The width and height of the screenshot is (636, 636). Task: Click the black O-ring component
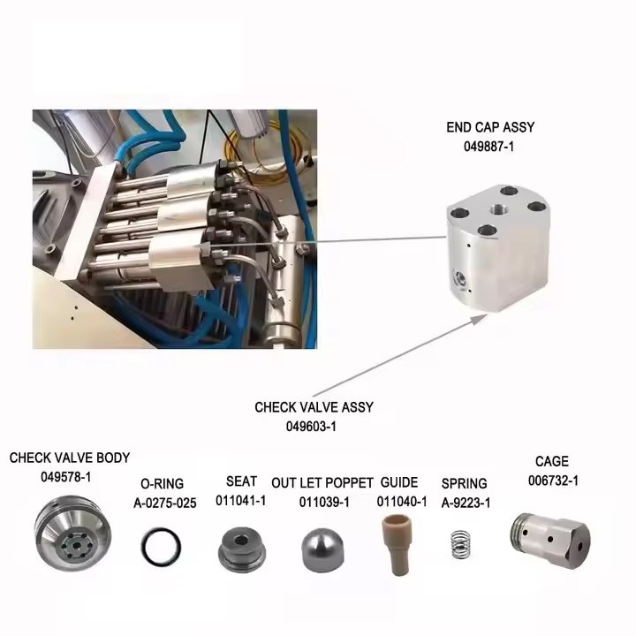point(142,547)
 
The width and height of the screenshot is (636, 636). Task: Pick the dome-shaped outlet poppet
point(323,549)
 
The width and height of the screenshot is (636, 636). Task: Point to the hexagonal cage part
point(549,540)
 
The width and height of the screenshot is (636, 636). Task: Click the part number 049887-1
point(488,147)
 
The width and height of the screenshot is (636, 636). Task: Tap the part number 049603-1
point(311,427)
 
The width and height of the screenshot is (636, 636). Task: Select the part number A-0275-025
point(164,503)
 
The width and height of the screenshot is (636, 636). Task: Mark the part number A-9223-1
point(466,503)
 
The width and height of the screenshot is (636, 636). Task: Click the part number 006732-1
point(553,481)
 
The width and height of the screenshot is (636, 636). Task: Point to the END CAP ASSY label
point(490,127)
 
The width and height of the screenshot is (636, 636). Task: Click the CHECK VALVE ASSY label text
point(314,407)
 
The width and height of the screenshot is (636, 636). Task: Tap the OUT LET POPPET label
point(322,483)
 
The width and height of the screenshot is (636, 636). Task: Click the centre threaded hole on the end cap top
point(496,209)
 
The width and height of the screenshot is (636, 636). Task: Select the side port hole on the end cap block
point(460,278)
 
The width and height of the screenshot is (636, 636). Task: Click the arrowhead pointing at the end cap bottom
point(481,318)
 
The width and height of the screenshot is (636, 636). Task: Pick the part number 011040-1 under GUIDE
point(402,502)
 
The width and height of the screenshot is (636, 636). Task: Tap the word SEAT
point(241,481)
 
